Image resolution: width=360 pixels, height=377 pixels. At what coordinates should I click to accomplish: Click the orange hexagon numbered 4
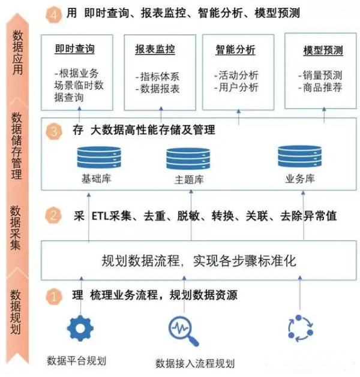[54, 14]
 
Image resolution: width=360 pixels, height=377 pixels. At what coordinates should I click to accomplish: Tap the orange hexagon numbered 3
[54, 131]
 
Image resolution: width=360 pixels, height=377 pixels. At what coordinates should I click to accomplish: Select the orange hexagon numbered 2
[53, 215]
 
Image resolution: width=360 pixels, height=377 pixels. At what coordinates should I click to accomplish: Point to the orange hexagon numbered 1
[54, 297]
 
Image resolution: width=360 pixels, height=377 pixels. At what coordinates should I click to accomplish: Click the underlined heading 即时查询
[74, 49]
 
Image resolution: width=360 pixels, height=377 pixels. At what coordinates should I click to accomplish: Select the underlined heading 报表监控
[155, 50]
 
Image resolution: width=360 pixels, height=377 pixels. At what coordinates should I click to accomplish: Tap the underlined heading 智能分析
[235, 50]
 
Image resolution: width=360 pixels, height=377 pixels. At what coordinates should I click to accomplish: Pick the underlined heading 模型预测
[323, 50]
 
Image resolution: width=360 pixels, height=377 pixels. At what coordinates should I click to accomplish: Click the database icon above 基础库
[99, 157]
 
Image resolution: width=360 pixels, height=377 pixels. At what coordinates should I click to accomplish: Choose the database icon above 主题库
[188, 158]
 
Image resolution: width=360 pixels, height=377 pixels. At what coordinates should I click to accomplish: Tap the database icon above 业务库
[299, 156]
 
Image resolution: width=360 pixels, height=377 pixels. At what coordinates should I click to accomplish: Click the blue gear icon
[80, 328]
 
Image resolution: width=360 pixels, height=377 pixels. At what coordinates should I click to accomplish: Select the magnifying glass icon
[184, 331]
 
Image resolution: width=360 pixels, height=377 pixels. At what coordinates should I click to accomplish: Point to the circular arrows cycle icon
[301, 328]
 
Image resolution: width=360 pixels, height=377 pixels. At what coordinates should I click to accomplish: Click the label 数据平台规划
[76, 361]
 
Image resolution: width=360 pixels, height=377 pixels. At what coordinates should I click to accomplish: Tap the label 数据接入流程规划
[195, 363]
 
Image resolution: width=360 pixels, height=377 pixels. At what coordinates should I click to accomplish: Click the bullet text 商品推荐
[322, 88]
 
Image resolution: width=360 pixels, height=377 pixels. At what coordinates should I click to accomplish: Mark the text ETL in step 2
[101, 216]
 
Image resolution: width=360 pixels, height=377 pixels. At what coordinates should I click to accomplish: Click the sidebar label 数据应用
[17, 52]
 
